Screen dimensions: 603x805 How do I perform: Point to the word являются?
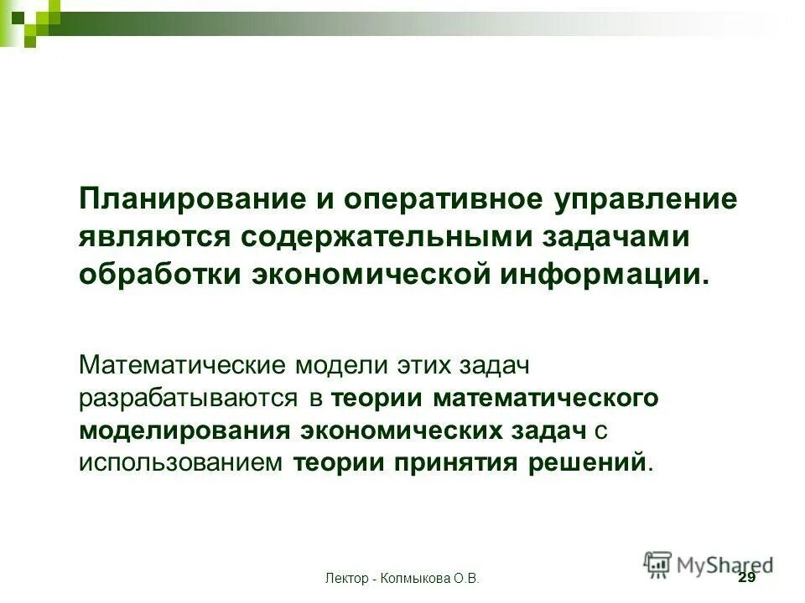coord(153,238)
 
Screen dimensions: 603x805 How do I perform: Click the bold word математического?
coord(546,398)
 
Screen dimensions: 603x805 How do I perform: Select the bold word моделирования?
coord(185,430)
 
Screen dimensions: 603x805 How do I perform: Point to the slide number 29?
coord(745,579)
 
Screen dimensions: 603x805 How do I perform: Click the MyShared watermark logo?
coord(709,563)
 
